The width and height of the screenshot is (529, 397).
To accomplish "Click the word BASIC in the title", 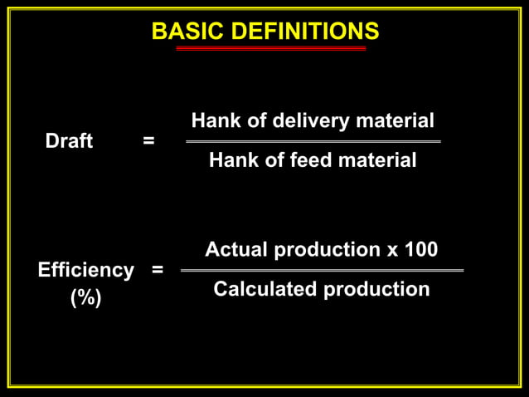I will pos(178,32).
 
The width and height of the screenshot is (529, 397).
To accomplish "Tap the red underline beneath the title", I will pos(271,49).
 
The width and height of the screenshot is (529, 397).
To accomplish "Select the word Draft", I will pos(69,141).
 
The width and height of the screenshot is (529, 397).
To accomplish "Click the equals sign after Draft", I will pos(148,141).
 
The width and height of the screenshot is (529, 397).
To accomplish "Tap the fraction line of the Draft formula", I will pos(313,141).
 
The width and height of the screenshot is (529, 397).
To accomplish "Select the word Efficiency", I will pos(85,270).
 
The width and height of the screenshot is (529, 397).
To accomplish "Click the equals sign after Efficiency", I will pos(157,270).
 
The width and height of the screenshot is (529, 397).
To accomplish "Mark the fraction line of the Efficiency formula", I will pos(322,270).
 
